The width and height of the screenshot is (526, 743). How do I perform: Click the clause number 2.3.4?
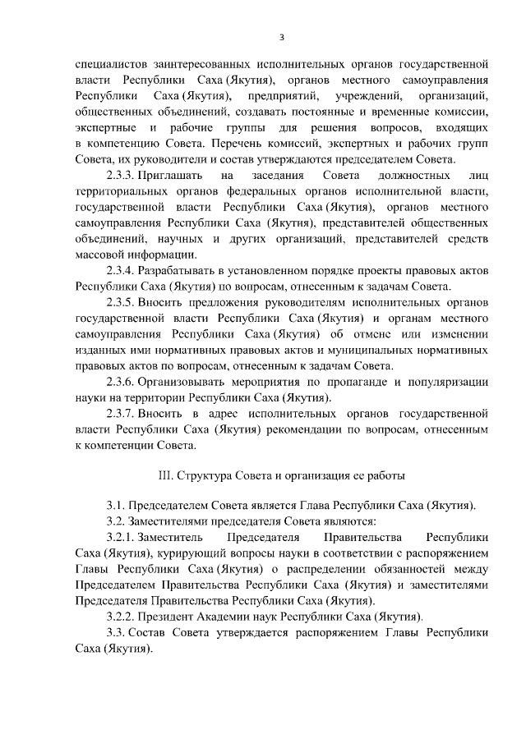[120, 270]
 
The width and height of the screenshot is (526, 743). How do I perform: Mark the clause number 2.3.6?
[120, 382]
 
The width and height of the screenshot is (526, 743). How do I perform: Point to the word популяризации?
[453, 382]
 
